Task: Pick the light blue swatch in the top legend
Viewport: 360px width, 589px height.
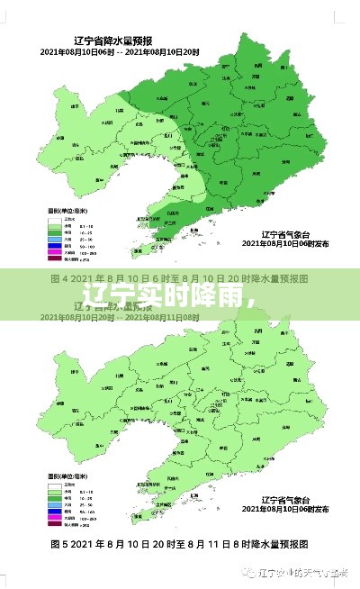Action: point(54,239)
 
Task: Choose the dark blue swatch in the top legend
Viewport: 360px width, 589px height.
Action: point(54,246)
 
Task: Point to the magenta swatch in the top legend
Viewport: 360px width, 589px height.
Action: point(54,252)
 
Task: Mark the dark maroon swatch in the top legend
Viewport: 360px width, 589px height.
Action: point(54,259)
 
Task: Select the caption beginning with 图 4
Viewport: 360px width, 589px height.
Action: point(180,278)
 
